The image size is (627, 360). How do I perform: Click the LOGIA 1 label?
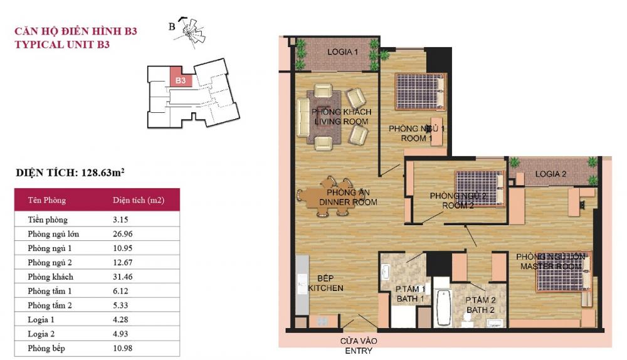(x=342, y=52)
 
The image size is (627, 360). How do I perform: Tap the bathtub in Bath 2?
(x=443, y=308)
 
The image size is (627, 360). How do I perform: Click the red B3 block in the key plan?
(x=180, y=79)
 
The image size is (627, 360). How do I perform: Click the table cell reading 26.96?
(x=124, y=234)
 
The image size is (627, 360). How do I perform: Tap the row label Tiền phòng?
(x=48, y=220)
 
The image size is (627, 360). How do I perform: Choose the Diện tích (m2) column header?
(x=139, y=201)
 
